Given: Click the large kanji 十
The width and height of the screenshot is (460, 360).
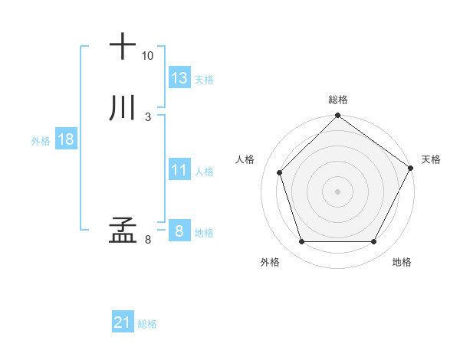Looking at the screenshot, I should pyautogui.click(x=123, y=46).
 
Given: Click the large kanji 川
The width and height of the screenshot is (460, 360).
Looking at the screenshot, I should pyautogui.click(x=123, y=108).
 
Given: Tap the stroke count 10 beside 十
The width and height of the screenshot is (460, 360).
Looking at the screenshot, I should pyautogui.click(x=148, y=56).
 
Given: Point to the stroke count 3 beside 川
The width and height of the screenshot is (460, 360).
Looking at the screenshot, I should pyautogui.click(x=148, y=117).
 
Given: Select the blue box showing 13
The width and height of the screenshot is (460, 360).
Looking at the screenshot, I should pyautogui.click(x=179, y=78).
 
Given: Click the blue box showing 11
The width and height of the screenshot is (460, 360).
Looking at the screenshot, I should pyautogui.click(x=179, y=170).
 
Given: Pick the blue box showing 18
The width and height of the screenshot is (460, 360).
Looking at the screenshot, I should pyautogui.click(x=66, y=139).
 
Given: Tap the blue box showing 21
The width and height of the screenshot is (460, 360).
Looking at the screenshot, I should pyautogui.click(x=123, y=323).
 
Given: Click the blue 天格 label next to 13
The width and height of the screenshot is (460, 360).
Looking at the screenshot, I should pyautogui.click(x=204, y=80).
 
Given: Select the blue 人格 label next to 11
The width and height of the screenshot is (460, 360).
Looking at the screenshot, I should pyautogui.click(x=204, y=172).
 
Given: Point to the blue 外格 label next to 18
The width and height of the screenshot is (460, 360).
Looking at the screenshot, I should pyautogui.click(x=41, y=141).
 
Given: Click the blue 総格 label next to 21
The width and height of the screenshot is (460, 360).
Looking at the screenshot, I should pyautogui.click(x=147, y=325).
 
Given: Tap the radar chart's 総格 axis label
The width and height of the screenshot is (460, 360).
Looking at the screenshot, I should pyautogui.click(x=338, y=100).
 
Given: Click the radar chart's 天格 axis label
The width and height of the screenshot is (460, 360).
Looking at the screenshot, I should pyautogui.click(x=432, y=159).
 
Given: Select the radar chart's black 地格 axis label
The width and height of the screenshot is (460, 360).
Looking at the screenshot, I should pyautogui.click(x=402, y=262).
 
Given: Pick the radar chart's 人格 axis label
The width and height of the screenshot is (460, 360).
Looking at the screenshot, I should pyautogui.click(x=245, y=159).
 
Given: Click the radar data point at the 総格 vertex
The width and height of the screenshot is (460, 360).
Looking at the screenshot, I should pyautogui.click(x=338, y=116).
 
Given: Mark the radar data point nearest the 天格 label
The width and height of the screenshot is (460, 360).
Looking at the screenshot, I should pyautogui.click(x=410, y=168).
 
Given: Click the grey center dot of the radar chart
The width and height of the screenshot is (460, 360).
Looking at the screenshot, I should pyautogui.click(x=338, y=191).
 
